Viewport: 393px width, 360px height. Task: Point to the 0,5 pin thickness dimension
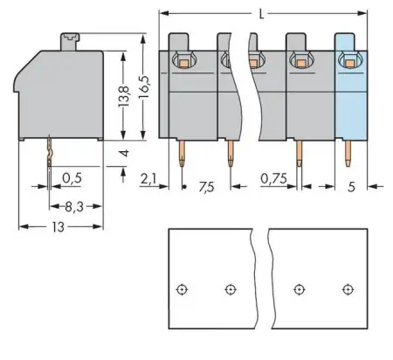tap(73, 180)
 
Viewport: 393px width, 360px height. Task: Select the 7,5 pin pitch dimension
tap(206, 186)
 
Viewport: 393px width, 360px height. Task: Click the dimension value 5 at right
tap(352, 186)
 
